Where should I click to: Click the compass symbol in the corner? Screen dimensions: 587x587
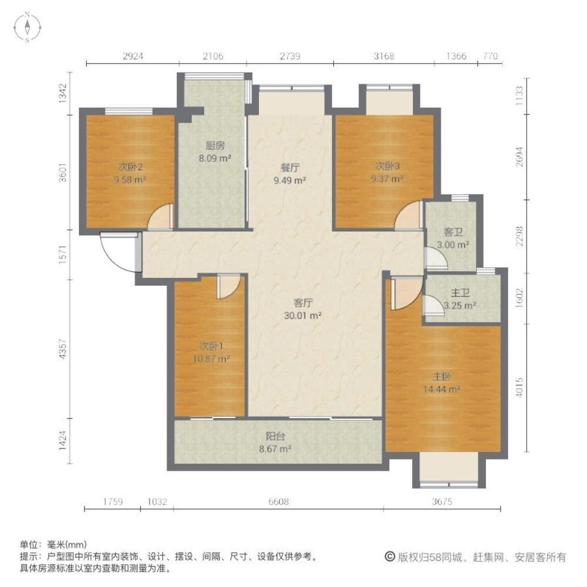[x=28, y=27]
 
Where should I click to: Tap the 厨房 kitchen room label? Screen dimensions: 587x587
[x=215, y=145]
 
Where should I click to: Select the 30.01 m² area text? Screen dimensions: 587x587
[x=303, y=316]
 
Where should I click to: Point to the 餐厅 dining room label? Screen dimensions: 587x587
[x=290, y=168]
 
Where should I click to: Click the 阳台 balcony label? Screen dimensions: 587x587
[x=275, y=436]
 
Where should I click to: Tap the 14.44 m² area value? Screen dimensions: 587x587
[x=442, y=389]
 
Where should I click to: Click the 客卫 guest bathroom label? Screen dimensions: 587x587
[x=453, y=232]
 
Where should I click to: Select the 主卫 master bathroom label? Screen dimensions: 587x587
[x=460, y=293]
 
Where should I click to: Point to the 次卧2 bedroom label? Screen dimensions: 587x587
[x=130, y=167]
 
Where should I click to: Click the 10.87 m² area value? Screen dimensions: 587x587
[x=211, y=359]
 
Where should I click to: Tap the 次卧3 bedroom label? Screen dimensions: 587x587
[x=387, y=166]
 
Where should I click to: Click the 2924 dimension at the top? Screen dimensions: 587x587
[x=133, y=56]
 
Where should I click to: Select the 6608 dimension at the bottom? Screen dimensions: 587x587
[x=278, y=501]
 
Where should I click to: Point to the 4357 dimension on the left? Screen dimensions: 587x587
[x=63, y=349]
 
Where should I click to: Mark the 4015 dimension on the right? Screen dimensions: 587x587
[x=519, y=387]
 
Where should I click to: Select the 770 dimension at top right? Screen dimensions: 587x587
[x=490, y=56]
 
